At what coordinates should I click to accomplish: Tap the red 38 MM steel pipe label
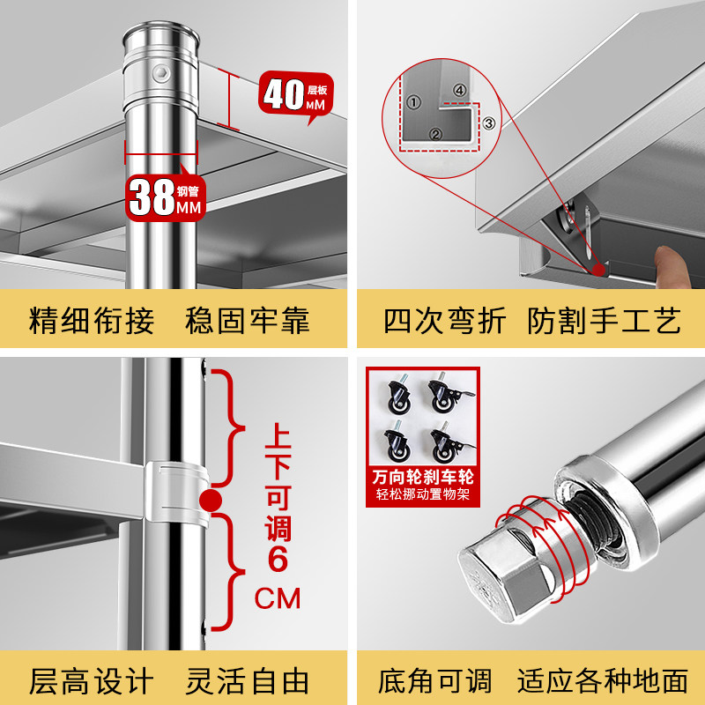(166, 197)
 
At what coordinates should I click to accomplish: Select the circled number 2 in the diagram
(435, 134)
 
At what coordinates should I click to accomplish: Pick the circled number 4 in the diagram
(458, 89)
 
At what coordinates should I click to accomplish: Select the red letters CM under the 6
(278, 599)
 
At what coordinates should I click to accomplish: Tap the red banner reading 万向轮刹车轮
(422, 477)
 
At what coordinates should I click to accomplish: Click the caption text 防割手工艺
(604, 320)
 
